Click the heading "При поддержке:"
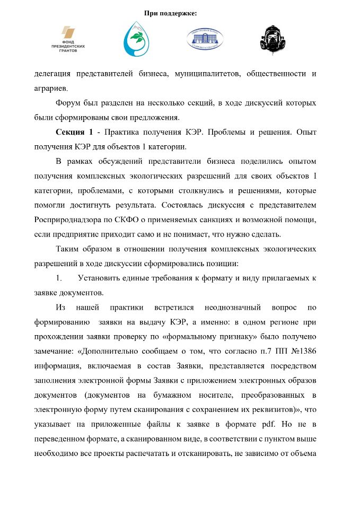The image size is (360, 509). click(170, 13)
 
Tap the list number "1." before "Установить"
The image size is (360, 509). click(59, 278)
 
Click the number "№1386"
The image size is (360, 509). click(303, 351)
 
